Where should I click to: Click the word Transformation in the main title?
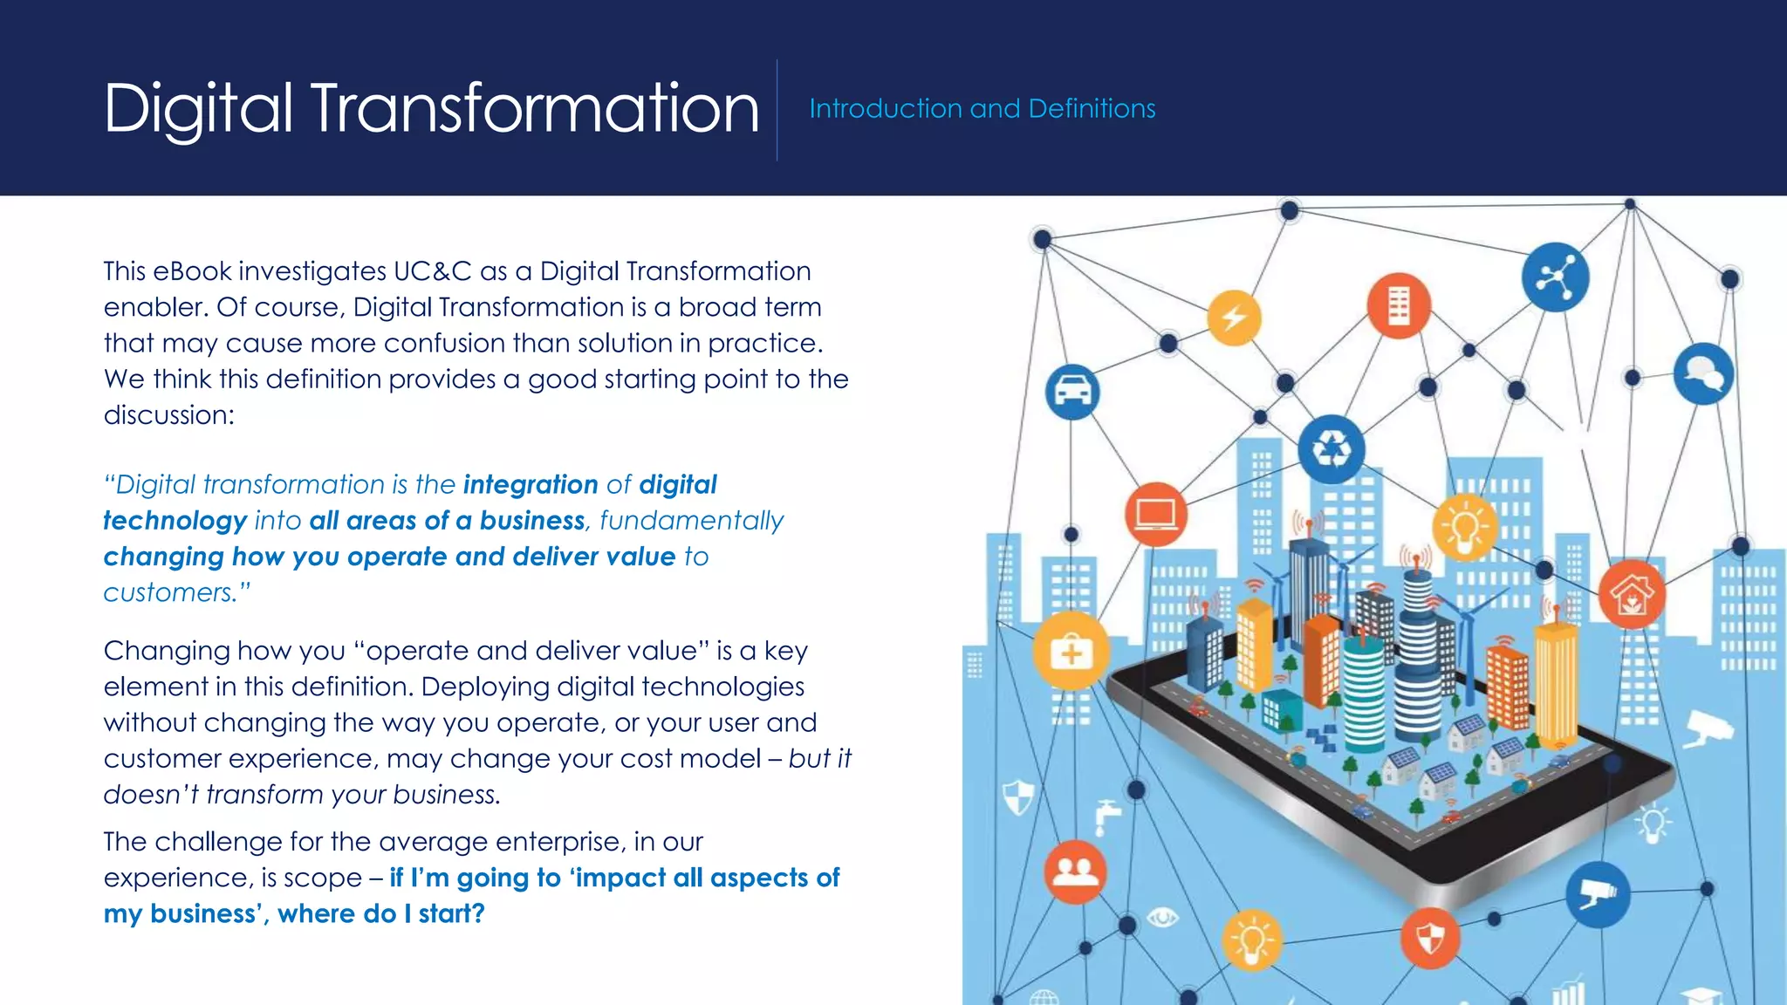click(534, 108)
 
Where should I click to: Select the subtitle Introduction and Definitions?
click(982, 108)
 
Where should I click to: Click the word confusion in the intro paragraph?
click(443, 343)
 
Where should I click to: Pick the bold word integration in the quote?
click(531, 484)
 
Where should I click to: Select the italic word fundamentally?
click(691, 521)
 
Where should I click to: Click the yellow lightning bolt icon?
click(1234, 318)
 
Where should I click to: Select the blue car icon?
click(1072, 392)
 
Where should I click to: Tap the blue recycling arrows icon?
click(1332, 449)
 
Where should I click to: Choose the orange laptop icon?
click(1156, 514)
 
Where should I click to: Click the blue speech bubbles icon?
click(1703, 374)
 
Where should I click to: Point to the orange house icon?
click(1632, 595)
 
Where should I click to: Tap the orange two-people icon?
click(1075, 872)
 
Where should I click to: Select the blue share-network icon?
click(1555, 278)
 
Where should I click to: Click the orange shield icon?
click(1430, 939)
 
